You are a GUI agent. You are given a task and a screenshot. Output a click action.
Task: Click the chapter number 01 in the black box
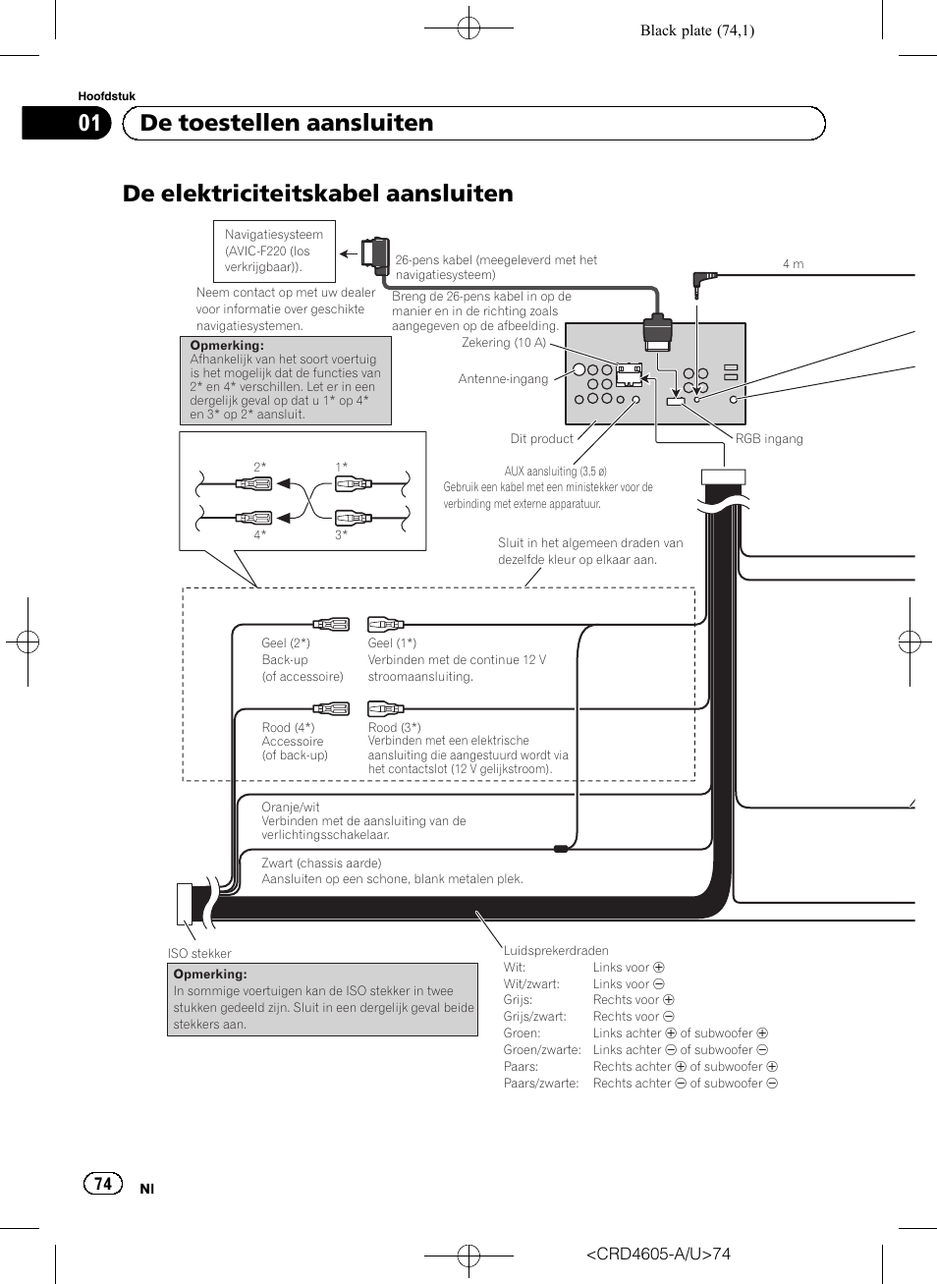89,123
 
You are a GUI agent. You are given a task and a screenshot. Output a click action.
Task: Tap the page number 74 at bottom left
103,1183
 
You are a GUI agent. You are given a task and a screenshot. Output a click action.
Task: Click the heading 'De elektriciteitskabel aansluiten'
317,194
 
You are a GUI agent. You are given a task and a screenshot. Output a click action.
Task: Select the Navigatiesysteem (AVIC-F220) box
274,251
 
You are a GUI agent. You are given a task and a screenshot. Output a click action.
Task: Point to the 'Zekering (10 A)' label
504,343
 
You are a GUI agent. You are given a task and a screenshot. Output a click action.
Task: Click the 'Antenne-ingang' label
503,379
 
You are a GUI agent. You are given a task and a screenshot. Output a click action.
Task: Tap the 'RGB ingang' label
769,439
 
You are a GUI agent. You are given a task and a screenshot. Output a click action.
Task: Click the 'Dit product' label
541,439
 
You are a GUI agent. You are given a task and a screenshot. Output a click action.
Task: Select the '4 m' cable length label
793,264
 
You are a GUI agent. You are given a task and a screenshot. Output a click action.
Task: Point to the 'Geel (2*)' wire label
286,643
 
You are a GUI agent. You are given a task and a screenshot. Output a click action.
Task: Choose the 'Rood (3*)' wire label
394,728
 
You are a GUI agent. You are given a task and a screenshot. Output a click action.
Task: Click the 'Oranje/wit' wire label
291,808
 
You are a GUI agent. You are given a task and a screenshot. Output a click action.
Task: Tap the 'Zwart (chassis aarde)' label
321,864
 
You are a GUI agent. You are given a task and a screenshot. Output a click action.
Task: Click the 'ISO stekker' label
199,954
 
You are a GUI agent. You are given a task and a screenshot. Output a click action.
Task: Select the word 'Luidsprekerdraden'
556,951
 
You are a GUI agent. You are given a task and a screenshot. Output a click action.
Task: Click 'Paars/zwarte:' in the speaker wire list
541,1084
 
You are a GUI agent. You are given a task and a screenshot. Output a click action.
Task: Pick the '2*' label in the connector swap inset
259,468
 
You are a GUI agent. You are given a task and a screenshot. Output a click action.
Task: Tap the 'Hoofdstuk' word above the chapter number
106,96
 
